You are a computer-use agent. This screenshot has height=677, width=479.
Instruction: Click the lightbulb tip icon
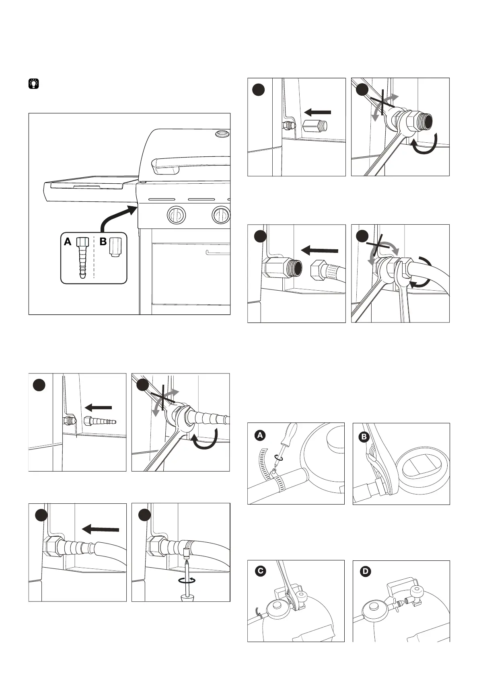(x=34, y=84)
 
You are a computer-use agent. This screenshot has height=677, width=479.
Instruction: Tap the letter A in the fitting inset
(x=68, y=242)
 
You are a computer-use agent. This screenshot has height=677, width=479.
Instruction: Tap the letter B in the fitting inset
(x=103, y=242)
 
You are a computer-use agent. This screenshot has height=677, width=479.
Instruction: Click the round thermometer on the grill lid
(x=221, y=133)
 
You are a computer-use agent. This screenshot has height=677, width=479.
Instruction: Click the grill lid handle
(x=189, y=163)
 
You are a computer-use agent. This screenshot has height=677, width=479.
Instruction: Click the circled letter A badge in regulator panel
(x=260, y=435)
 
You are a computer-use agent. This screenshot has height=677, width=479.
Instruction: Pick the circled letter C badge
(x=260, y=571)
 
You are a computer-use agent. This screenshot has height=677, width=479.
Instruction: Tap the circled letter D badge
(x=366, y=571)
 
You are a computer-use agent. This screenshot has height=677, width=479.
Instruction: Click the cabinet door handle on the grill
(x=217, y=253)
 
